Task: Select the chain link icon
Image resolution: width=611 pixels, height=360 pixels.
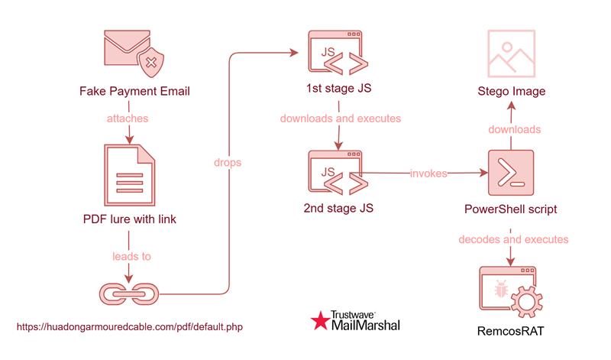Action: [x=128, y=292]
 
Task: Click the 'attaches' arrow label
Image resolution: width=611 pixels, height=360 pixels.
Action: [x=128, y=119]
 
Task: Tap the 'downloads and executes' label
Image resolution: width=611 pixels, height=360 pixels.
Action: [x=341, y=119]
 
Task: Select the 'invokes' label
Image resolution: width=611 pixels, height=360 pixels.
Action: [x=428, y=174]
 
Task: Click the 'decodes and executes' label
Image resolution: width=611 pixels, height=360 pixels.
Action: [x=513, y=239]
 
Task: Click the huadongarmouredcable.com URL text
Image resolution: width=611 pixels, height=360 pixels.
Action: [x=130, y=326]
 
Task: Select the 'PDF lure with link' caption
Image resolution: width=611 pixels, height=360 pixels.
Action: [x=129, y=220]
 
